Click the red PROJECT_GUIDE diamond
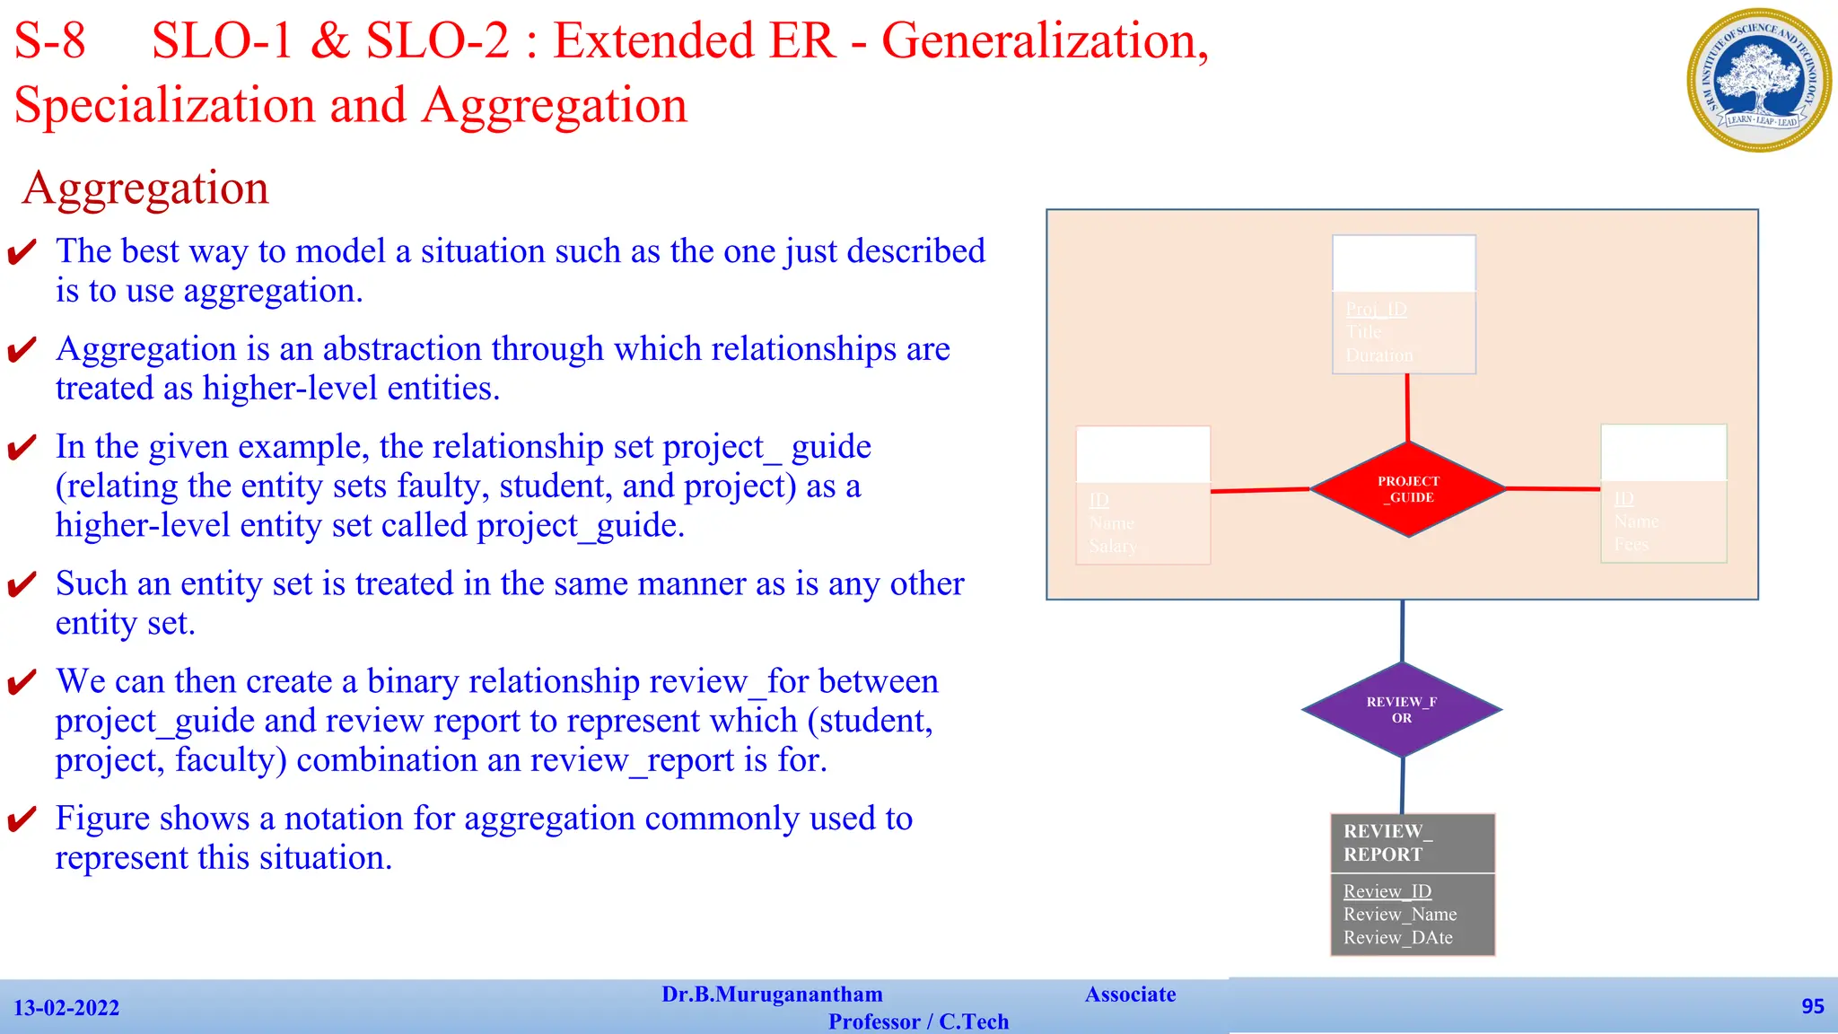[1408, 489]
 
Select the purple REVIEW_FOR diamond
[1402, 710]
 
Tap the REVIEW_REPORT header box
[1412, 843]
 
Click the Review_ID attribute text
[1387, 891]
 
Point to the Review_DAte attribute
[1397, 938]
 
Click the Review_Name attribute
[1399, 915]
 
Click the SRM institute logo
[1759, 80]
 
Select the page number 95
[1812, 1006]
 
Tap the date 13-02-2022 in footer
[66, 1008]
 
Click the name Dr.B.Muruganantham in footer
[772, 995]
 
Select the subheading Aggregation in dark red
[145, 188]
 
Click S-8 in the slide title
[50, 41]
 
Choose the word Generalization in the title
[1045, 41]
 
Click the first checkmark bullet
[22, 252]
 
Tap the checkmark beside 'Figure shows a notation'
[22, 819]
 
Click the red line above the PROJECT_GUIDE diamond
[1407, 407]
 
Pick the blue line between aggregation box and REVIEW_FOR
[1402, 631]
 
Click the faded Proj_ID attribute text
[1376, 310]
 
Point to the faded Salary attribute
[1112, 546]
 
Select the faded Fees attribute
[1631, 544]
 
